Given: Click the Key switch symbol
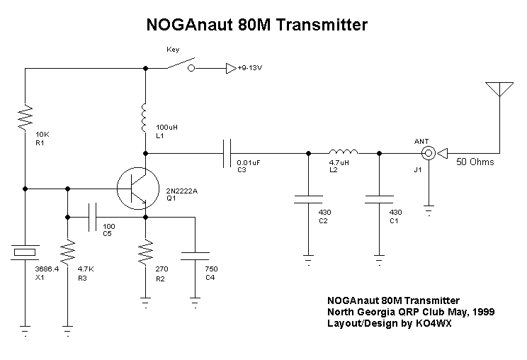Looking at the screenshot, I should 180,66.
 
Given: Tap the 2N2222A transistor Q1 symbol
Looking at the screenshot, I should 135,189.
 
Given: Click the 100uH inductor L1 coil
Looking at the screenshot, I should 145,116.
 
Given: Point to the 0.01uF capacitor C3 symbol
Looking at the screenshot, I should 227,153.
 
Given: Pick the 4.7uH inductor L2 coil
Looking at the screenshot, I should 343,152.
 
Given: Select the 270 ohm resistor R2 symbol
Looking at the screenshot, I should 145,251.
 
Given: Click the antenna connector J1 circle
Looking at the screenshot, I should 428,153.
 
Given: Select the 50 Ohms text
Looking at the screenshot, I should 475,162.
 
